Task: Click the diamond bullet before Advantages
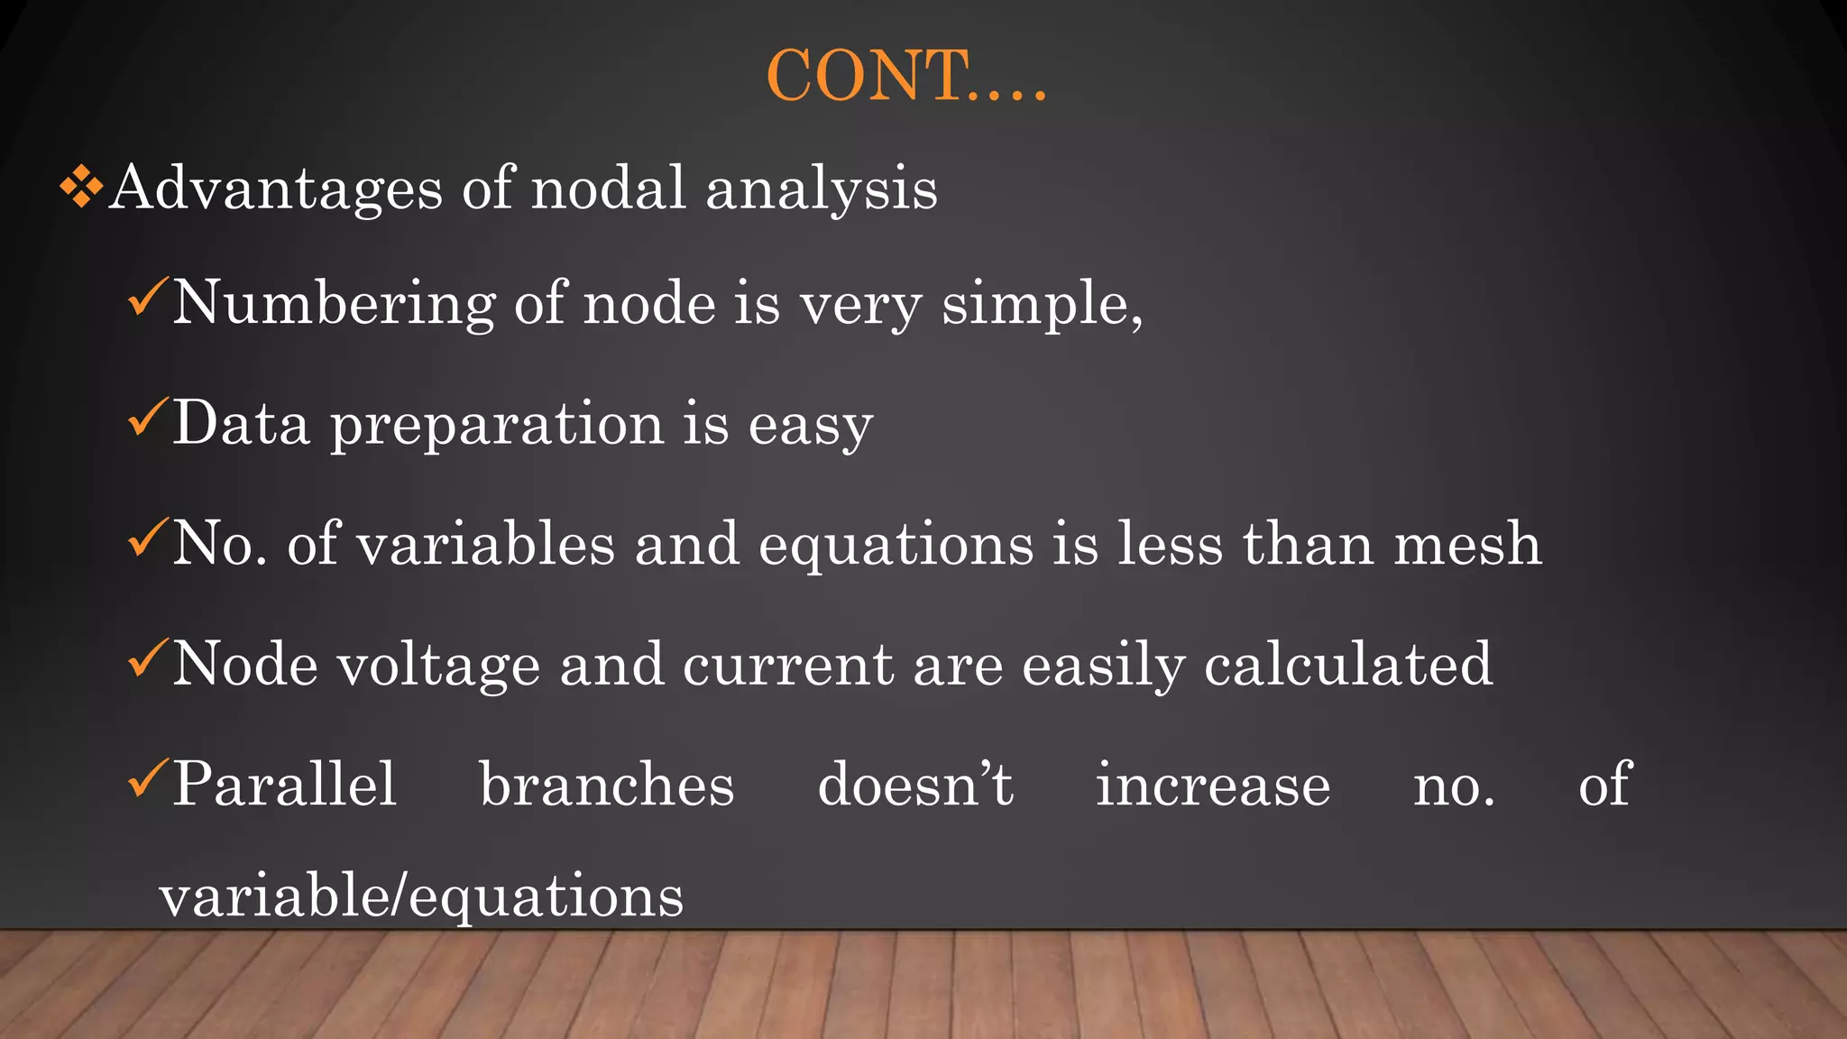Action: (x=81, y=188)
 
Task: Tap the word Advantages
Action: (x=276, y=189)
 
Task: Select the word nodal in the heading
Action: (x=609, y=188)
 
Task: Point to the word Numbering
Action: (x=334, y=304)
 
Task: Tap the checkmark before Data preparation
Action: (x=147, y=418)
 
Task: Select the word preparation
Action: (x=497, y=425)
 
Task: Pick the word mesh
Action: (x=1466, y=544)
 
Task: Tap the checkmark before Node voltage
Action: (x=147, y=658)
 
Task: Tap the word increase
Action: (x=1212, y=785)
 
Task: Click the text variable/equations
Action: (x=421, y=897)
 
